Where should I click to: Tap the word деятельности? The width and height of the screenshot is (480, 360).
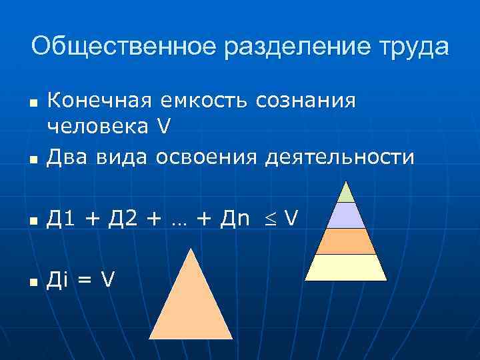pyautogui.click(x=339, y=157)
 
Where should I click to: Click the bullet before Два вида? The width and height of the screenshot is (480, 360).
pyautogui.click(x=32, y=160)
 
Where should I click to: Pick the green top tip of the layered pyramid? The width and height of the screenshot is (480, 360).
pyautogui.click(x=346, y=194)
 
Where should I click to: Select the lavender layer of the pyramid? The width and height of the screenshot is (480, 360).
pyautogui.click(x=346, y=215)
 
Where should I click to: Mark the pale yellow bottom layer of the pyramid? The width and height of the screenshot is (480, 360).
pyautogui.click(x=346, y=267)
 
